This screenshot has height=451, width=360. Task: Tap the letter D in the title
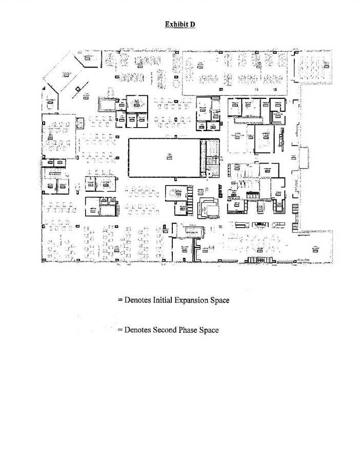pyautogui.click(x=192, y=24)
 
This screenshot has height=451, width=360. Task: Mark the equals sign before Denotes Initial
pyautogui.click(x=119, y=300)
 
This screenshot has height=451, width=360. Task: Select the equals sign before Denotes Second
pyautogui.click(x=119, y=330)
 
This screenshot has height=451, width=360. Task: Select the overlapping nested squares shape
pyautogui.click(x=208, y=207)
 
